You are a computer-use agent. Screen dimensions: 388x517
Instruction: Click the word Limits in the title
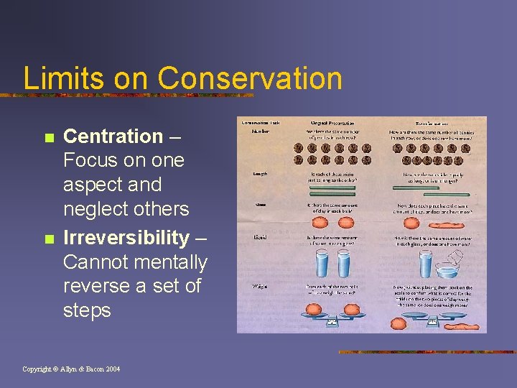pos(55,78)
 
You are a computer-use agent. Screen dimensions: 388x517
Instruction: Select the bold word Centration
pos(113,136)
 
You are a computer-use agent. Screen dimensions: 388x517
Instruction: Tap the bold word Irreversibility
pos(126,238)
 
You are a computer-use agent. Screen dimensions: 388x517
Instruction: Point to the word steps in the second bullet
pos(87,310)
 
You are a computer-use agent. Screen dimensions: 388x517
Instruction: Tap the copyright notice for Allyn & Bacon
pos(71,369)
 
